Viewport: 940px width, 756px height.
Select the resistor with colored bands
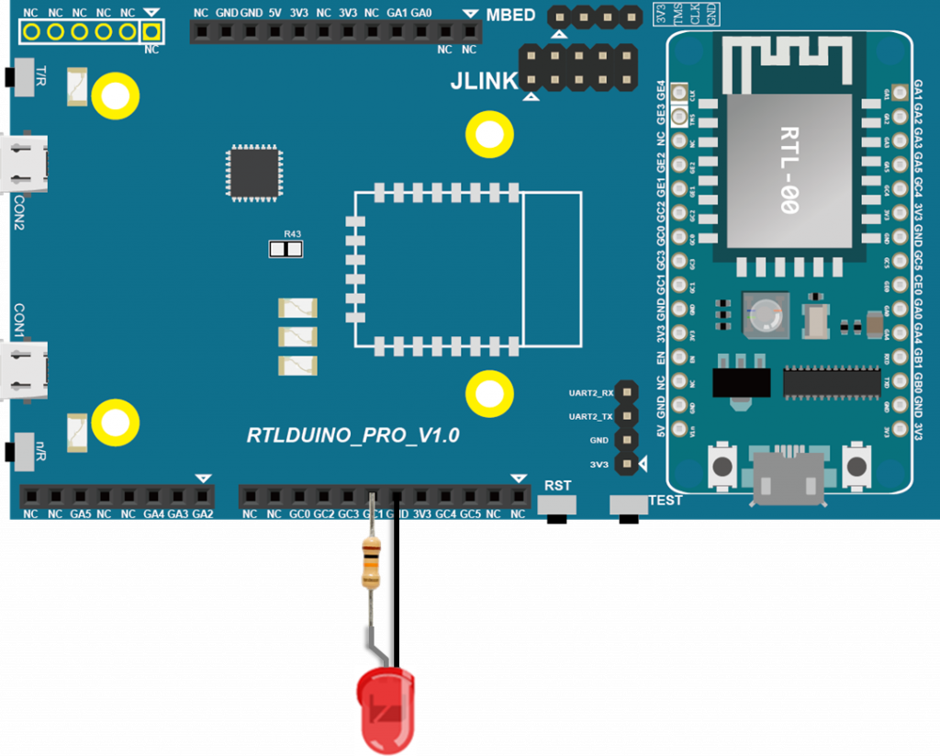click(371, 563)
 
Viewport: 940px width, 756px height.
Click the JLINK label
click(484, 81)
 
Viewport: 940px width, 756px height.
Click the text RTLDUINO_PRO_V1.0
click(352, 435)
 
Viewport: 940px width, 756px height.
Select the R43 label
click(292, 234)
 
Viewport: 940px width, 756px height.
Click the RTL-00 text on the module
click(788, 170)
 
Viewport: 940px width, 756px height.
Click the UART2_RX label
click(590, 393)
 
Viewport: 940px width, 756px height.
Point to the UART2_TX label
click(590, 417)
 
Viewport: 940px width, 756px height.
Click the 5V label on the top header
click(274, 15)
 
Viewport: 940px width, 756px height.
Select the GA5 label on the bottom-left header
click(80, 513)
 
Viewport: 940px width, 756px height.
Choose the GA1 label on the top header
click(397, 15)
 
